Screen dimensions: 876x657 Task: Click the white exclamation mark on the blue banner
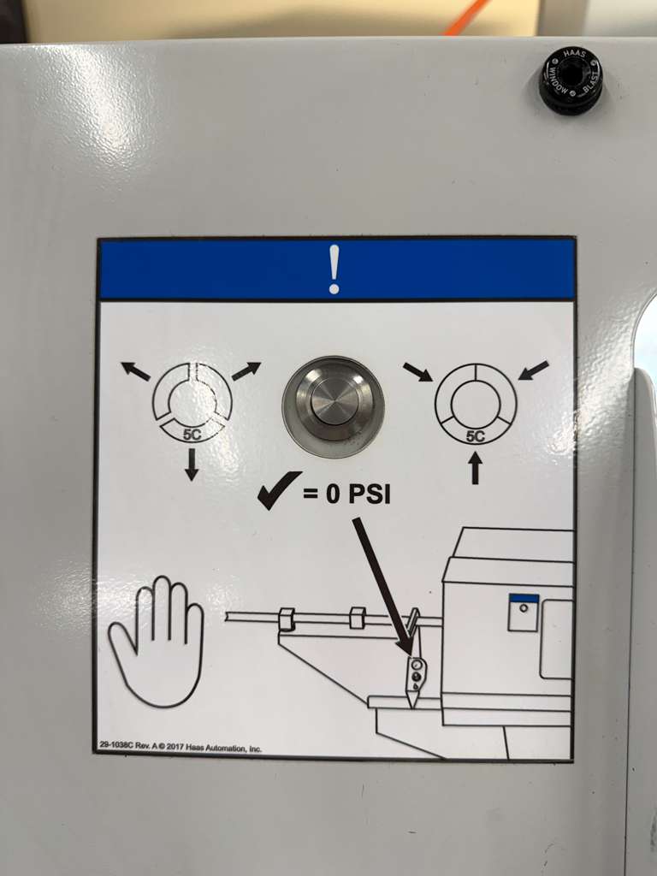pyautogui.click(x=334, y=269)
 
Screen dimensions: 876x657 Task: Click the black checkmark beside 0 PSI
pyautogui.click(x=279, y=490)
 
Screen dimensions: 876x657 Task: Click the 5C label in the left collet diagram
pyautogui.click(x=192, y=433)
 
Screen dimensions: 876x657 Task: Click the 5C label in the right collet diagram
pyautogui.click(x=475, y=436)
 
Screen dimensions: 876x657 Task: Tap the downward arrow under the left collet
pyautogui.click(x=192, y=464)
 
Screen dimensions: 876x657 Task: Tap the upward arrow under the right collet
pyautogui.click(x=475, y=468)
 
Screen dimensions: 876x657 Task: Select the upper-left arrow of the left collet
pyautogui.click(x=135, y=371)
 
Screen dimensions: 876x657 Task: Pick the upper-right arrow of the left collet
pyautogui.click(x=246, y=371)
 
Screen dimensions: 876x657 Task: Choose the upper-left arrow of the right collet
pyautogui.click(x=417, y=372)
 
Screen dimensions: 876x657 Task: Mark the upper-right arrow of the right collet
pyautogui.click(x=533, y=370)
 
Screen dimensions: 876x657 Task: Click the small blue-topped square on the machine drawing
pyautogui.click(x=523, y=612)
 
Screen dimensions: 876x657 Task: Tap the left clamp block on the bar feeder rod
pyautogui.click(x=287, y=618)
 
